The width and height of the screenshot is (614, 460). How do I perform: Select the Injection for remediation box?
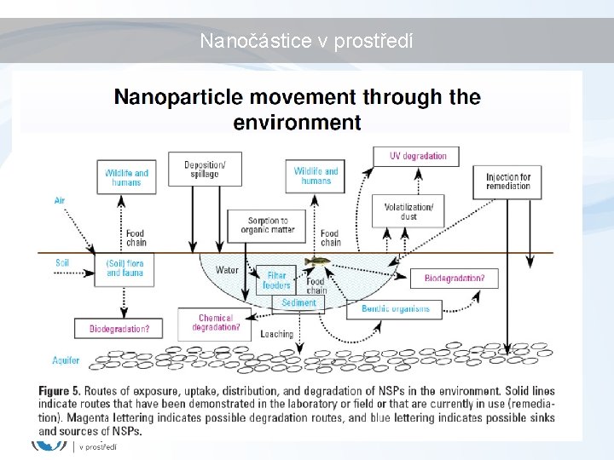507,181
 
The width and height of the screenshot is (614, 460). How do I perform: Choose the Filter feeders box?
276,280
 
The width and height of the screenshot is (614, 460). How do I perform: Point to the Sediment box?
298,303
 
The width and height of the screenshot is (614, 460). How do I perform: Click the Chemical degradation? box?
216,323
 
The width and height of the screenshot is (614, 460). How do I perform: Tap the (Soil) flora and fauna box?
125,267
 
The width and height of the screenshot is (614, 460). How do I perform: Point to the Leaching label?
276,334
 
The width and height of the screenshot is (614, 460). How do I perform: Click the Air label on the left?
59,201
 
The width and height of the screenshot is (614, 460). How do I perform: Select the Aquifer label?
66,360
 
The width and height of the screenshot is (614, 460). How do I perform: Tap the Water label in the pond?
227,270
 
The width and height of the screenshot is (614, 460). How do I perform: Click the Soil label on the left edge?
62,263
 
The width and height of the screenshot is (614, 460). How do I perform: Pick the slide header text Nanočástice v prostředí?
306,40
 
